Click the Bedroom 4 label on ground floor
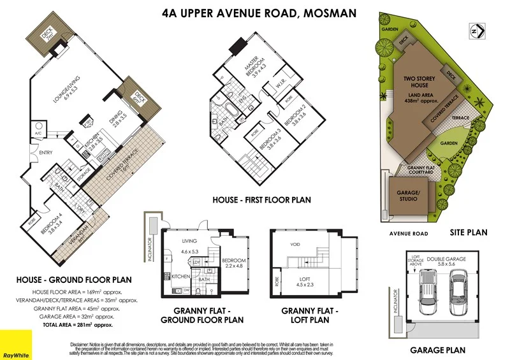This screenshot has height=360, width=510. click(x=52, y=224)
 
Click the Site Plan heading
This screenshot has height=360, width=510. click(x=468, y=233)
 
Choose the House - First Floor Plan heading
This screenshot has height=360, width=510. click(x=262, y=200)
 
